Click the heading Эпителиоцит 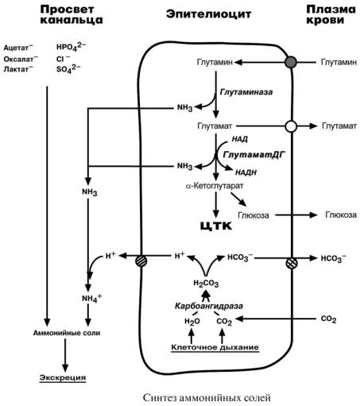(x=208, y=14)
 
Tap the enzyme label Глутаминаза (x=246, y=92)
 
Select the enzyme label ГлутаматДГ (x=254, y=154)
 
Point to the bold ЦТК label (x=216, y=226)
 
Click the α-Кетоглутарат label (x=215, y=186)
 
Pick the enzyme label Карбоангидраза (x=209, y=306)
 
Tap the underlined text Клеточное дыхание (x=215, y=347)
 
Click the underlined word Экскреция (x=63, y=377)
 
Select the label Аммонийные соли (x=67, y=333)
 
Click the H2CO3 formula (x=206, y=284)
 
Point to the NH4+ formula (x=91, y=298)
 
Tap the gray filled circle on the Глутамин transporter (x=291, y=62)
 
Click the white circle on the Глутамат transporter (x=291, y=126)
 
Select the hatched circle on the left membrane (x=141, y=261)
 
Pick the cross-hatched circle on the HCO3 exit (x=292, y=264)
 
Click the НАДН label (x=246, y=172)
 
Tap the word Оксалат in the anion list (x=18, y=59)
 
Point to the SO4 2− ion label (x=68, y=68)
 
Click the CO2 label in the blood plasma (x=328, y=319)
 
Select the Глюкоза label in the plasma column (x=341, y=215)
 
